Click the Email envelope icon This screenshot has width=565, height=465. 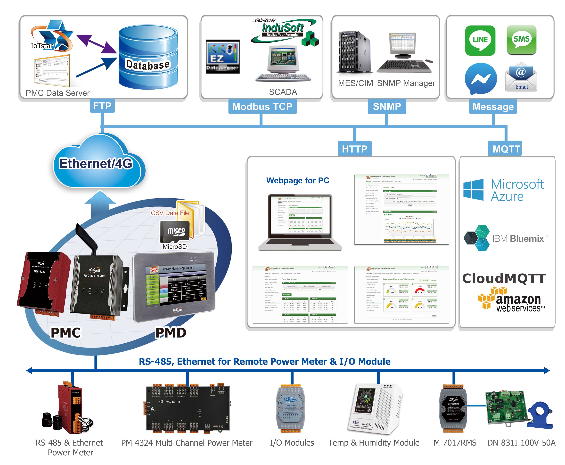coord(521,77)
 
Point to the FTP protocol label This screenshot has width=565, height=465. coord(102,106)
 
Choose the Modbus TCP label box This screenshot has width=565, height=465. coord(262,107)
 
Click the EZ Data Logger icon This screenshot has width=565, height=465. coord(223,57)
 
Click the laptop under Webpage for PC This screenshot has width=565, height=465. coord(300,222)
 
